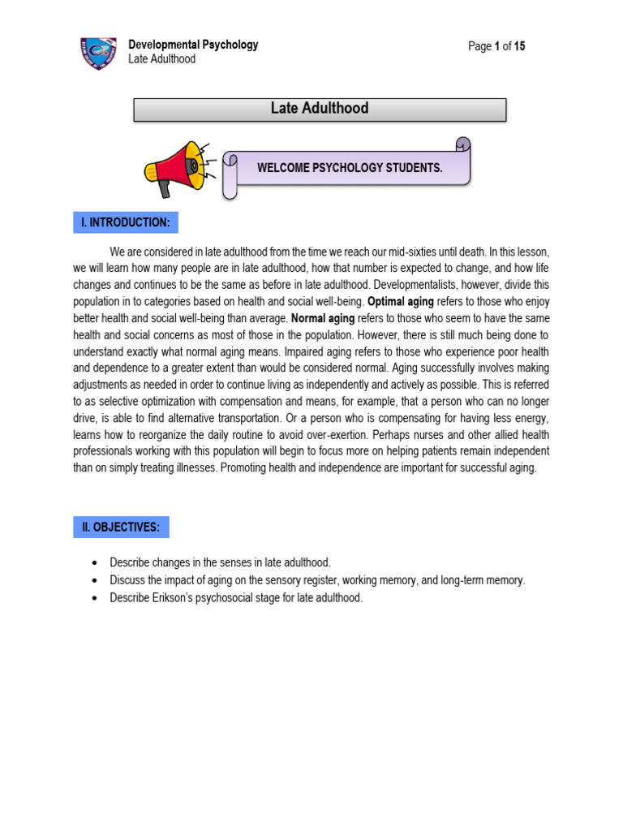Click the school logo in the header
tap(98, 53)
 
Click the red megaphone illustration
tap(175, 168)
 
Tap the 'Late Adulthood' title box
tap(320, 110)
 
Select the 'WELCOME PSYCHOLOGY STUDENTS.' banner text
tap(350, 168)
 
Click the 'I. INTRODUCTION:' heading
tap(125, 222)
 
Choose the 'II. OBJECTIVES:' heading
tap(121, 527)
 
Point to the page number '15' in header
tap(519, 46)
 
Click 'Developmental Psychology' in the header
tap(193, 45)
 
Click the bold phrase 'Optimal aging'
tap(401, 300)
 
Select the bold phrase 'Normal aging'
tap(323, 319)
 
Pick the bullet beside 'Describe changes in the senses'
tap(95, 562)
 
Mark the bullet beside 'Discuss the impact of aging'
tap(95, 580)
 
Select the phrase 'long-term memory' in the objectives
tap(483, 580)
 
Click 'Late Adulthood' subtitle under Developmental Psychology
tap(162, 59)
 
